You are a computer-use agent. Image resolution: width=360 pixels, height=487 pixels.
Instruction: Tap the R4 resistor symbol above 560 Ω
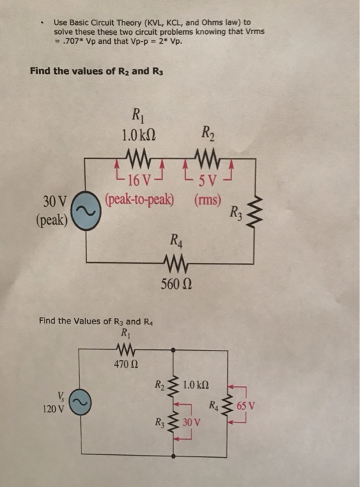tap(173, 263)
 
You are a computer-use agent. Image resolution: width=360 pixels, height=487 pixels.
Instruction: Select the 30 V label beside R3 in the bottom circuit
tap(191, 423)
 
